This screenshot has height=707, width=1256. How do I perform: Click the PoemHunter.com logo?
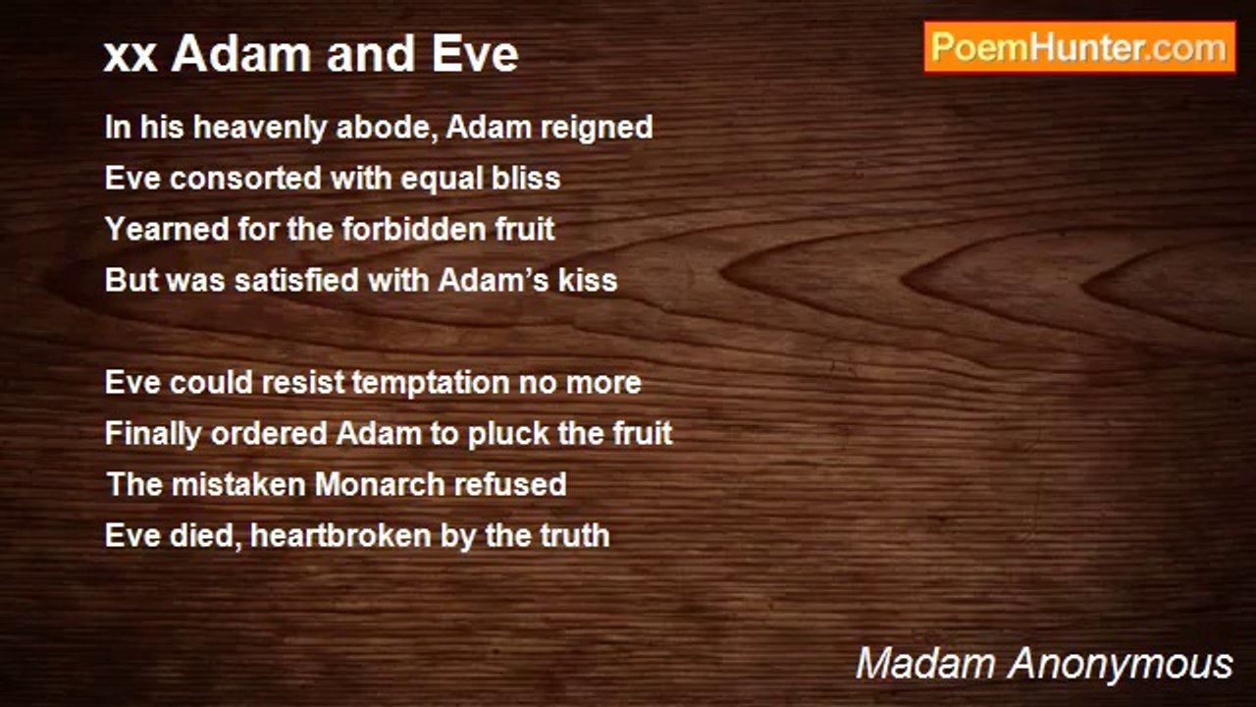[1079, 47]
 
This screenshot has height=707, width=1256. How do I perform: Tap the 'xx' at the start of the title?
[130, 55]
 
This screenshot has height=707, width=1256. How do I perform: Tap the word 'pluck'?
[506, 434]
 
